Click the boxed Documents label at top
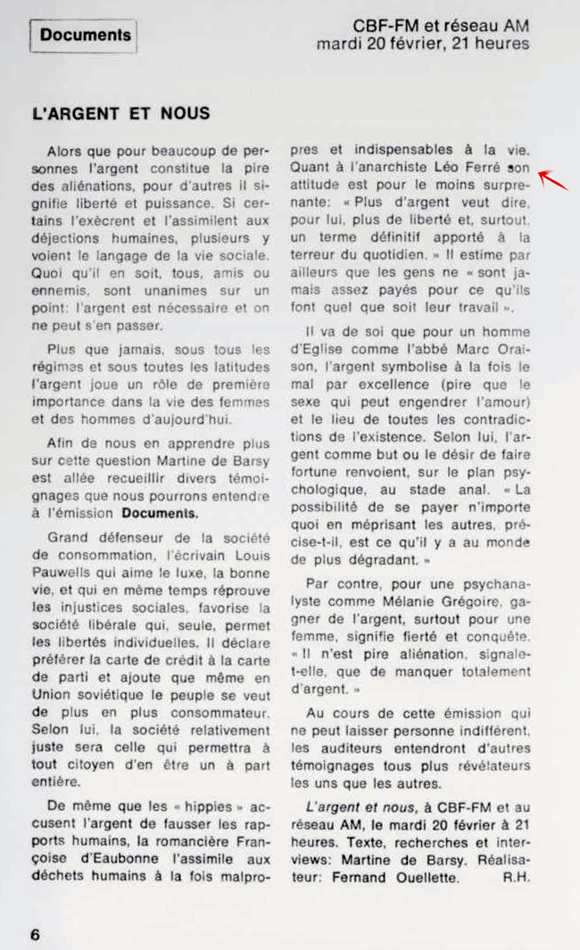coord(86,36)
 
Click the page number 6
coord(36,934)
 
